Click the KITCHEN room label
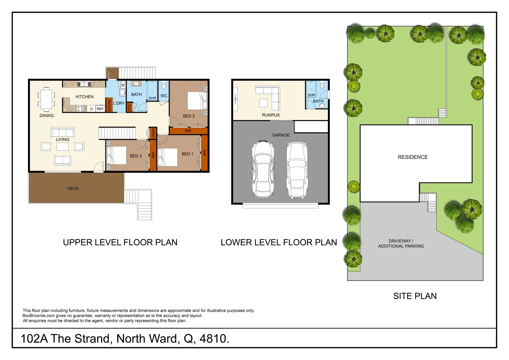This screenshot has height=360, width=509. coord(84,97)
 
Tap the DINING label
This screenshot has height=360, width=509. coord(47,116)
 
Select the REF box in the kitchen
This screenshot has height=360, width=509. coord(100,109)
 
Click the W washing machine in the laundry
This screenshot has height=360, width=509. coord(123,85)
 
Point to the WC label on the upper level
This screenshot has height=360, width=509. coord(164,96)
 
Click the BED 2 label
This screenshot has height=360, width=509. coord(189,116)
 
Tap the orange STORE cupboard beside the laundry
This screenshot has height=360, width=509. coord(109,105)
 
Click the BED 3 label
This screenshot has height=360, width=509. coord(136,156)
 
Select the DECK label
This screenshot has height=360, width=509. coord(73,188)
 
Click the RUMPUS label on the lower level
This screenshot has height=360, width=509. coord(271,115)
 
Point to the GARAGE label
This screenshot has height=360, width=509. coord(281,135)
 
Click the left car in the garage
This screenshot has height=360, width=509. coord(263,169)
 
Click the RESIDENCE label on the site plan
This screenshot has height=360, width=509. coord(413,157)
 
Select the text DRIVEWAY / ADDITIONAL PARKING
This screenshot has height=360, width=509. coord(401,243)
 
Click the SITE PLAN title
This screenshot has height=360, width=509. coord(415,296)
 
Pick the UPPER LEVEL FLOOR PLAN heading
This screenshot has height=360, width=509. coord(120,242)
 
